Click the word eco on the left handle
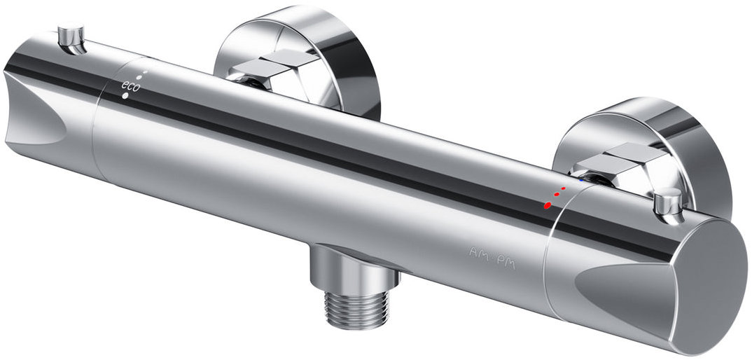(x=130, y=85)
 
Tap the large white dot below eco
(x=125, y=95)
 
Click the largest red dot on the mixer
(x=548, y=205)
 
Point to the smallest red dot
(x=564, y=188)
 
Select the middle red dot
(x=557, y=195)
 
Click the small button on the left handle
(x=71, y=39)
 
